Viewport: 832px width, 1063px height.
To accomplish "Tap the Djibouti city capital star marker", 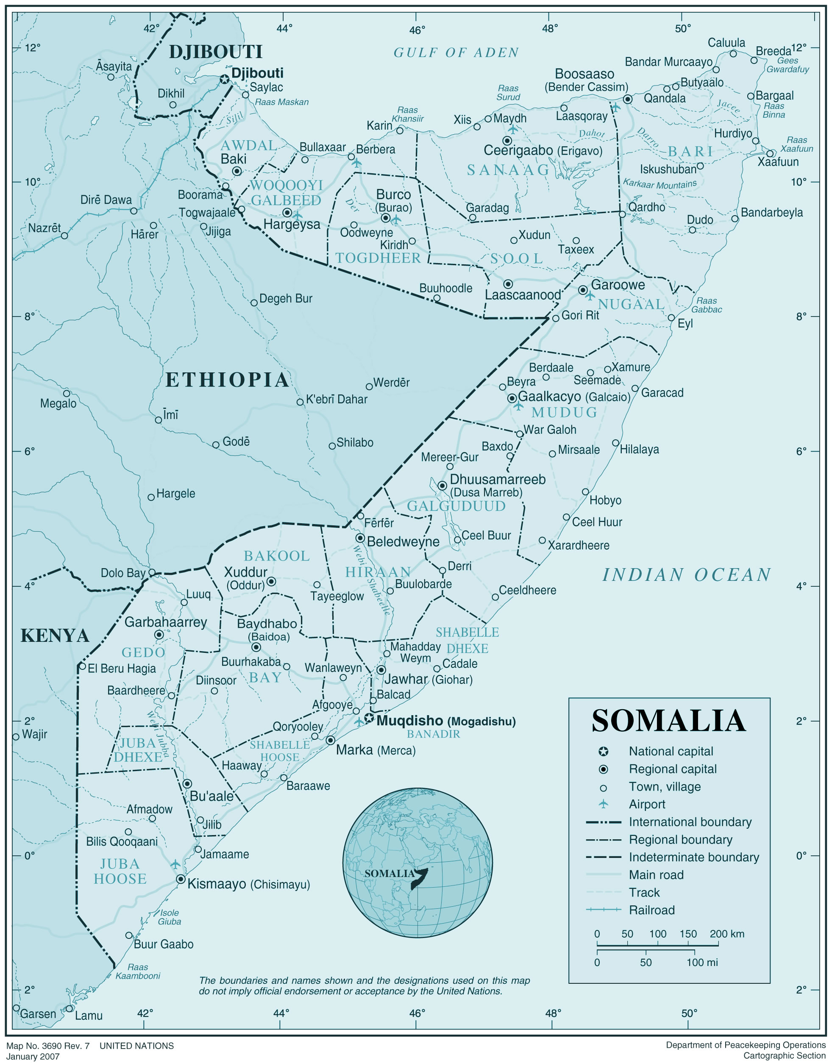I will click(x=225, y=79).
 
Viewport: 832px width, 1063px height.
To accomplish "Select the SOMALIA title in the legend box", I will click(x=668, y=721).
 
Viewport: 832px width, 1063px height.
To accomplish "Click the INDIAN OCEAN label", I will click(x=687, y=575).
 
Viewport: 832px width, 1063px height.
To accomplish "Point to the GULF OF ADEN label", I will click(x=456, y=53).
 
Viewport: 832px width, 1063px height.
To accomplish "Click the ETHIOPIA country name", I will click(x=228, y=380).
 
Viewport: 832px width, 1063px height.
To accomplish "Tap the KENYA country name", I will click(x=55, y=636).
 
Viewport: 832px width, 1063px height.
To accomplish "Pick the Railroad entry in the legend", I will click(x=651, y=910).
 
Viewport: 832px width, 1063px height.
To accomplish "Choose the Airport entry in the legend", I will click(x=647, y=805).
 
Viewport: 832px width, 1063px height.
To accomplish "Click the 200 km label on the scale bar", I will click(x=727, y=934).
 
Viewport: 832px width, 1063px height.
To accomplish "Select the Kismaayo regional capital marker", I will click(x=181, y=879).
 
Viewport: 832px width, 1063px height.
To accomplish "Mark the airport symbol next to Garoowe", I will click(x=590, y=296).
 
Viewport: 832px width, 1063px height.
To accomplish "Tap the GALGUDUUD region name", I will click(x=456, y=506).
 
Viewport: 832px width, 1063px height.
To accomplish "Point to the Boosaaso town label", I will click(x=584, y=74).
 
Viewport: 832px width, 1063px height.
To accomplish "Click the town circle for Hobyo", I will click(x=585, y=492).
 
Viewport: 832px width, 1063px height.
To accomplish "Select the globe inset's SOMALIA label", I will click(x=389, y=874).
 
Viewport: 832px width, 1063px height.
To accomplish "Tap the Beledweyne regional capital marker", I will click(x=360, y=538).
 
